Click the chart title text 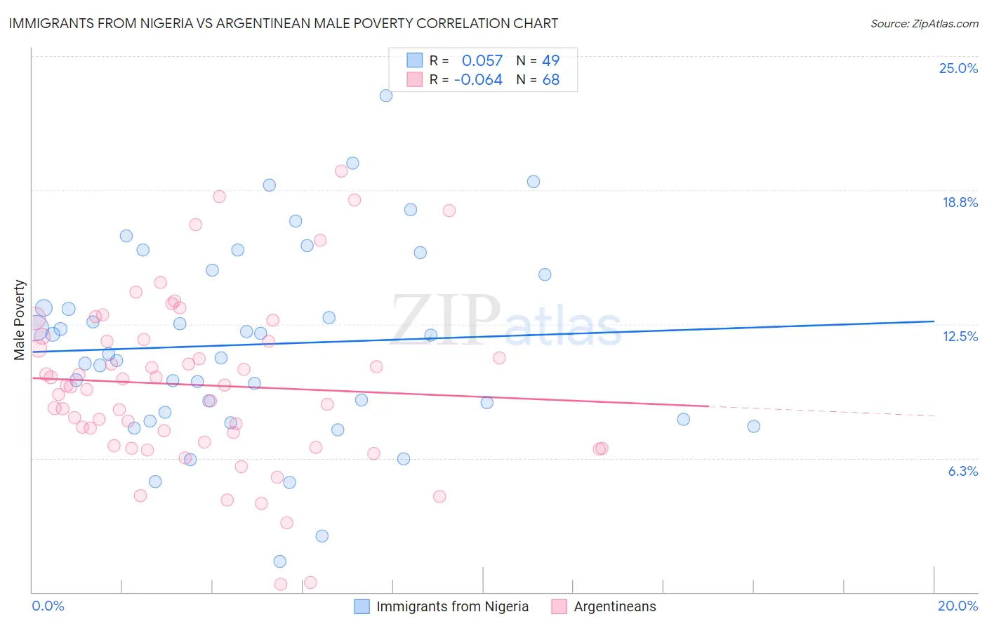(x=283, y=23)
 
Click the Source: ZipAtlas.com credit (x=924, y=23)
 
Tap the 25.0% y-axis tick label (x=958, y=68)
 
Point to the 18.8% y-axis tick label (x=960, y=202)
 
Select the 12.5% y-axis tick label (x=960, y=336)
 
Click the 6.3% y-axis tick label (x=962, y=471)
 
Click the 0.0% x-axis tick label (x=48, y=606)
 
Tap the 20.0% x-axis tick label (x=958, y=606)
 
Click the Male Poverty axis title (x=19, y=320)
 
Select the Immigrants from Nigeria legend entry (x=452, y=606)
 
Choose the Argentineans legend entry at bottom (x=614, y=606)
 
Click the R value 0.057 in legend (x=482, y=60)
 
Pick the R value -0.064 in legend (x=478, y=80)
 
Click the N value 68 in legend (x=551, y=80)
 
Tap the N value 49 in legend (x=551, y=60)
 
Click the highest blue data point (x=385, y=95)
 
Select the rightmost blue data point (x=753, y=426)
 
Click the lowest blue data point (x=280, y=561)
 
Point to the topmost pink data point (x=341, y=171)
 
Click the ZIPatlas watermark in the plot (x=505, y=320)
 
